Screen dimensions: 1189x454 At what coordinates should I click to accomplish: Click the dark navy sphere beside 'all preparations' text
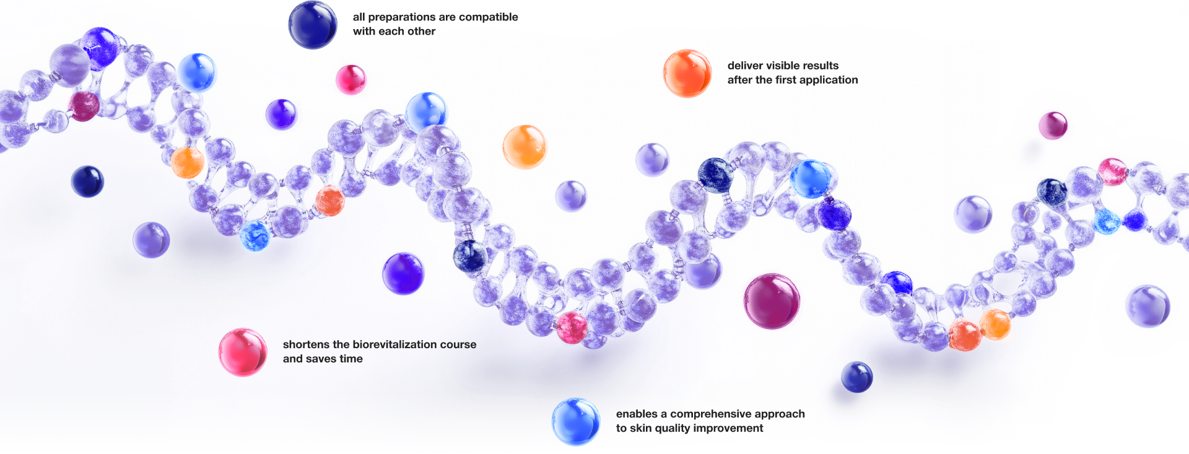313,25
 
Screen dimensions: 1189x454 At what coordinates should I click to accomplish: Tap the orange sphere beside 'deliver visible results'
687,73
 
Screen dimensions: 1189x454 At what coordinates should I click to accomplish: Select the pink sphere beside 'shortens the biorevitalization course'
243,352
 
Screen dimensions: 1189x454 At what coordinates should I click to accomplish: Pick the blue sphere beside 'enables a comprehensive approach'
576,421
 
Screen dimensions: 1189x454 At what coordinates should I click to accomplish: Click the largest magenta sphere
772,301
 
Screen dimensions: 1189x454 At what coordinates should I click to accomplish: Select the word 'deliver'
745,66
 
